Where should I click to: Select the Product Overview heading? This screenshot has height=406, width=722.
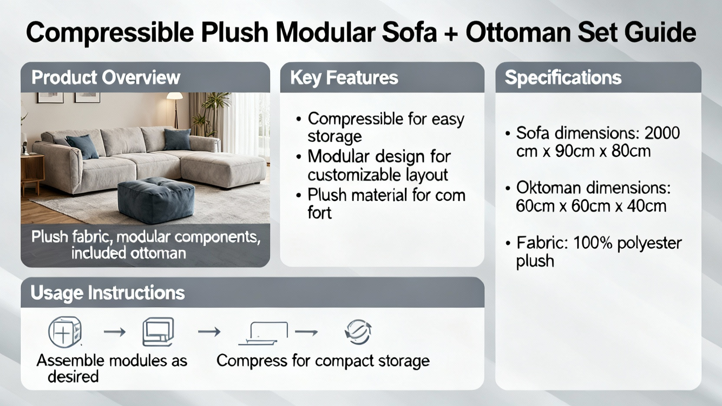106,78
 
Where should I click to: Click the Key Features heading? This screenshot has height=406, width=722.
344,78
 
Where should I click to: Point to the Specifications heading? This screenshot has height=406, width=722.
563,78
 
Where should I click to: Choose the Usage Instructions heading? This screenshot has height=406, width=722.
108,293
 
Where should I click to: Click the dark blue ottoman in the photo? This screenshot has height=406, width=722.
156,199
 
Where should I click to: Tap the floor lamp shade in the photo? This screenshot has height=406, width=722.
175,96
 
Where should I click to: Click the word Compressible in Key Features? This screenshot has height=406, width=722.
356,119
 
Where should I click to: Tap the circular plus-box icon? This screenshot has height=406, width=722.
65,332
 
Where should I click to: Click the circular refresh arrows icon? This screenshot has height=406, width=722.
358,332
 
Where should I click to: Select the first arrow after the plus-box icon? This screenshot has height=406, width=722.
115,332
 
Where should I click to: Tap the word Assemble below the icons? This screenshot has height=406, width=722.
70,360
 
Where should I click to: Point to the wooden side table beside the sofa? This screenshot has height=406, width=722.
32,174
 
